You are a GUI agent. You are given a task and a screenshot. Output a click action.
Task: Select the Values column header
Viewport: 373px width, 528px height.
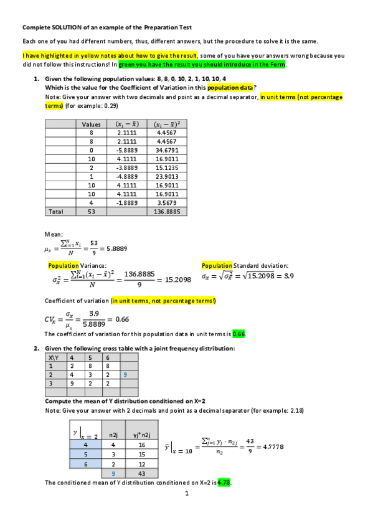pyautogui.click(x=92, y=125)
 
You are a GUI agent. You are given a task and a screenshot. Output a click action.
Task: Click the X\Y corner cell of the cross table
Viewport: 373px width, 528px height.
pyautogui.click(x=54, y=358)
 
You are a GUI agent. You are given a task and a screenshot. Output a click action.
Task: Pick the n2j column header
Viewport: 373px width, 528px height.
pyautogui.click(x=113, y=436)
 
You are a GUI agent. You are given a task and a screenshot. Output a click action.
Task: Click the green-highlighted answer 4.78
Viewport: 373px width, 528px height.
pyautogui.click(x=224, y=483)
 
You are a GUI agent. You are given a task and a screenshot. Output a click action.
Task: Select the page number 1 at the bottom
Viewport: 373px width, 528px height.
pyautogui.click(x=186, y=495)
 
